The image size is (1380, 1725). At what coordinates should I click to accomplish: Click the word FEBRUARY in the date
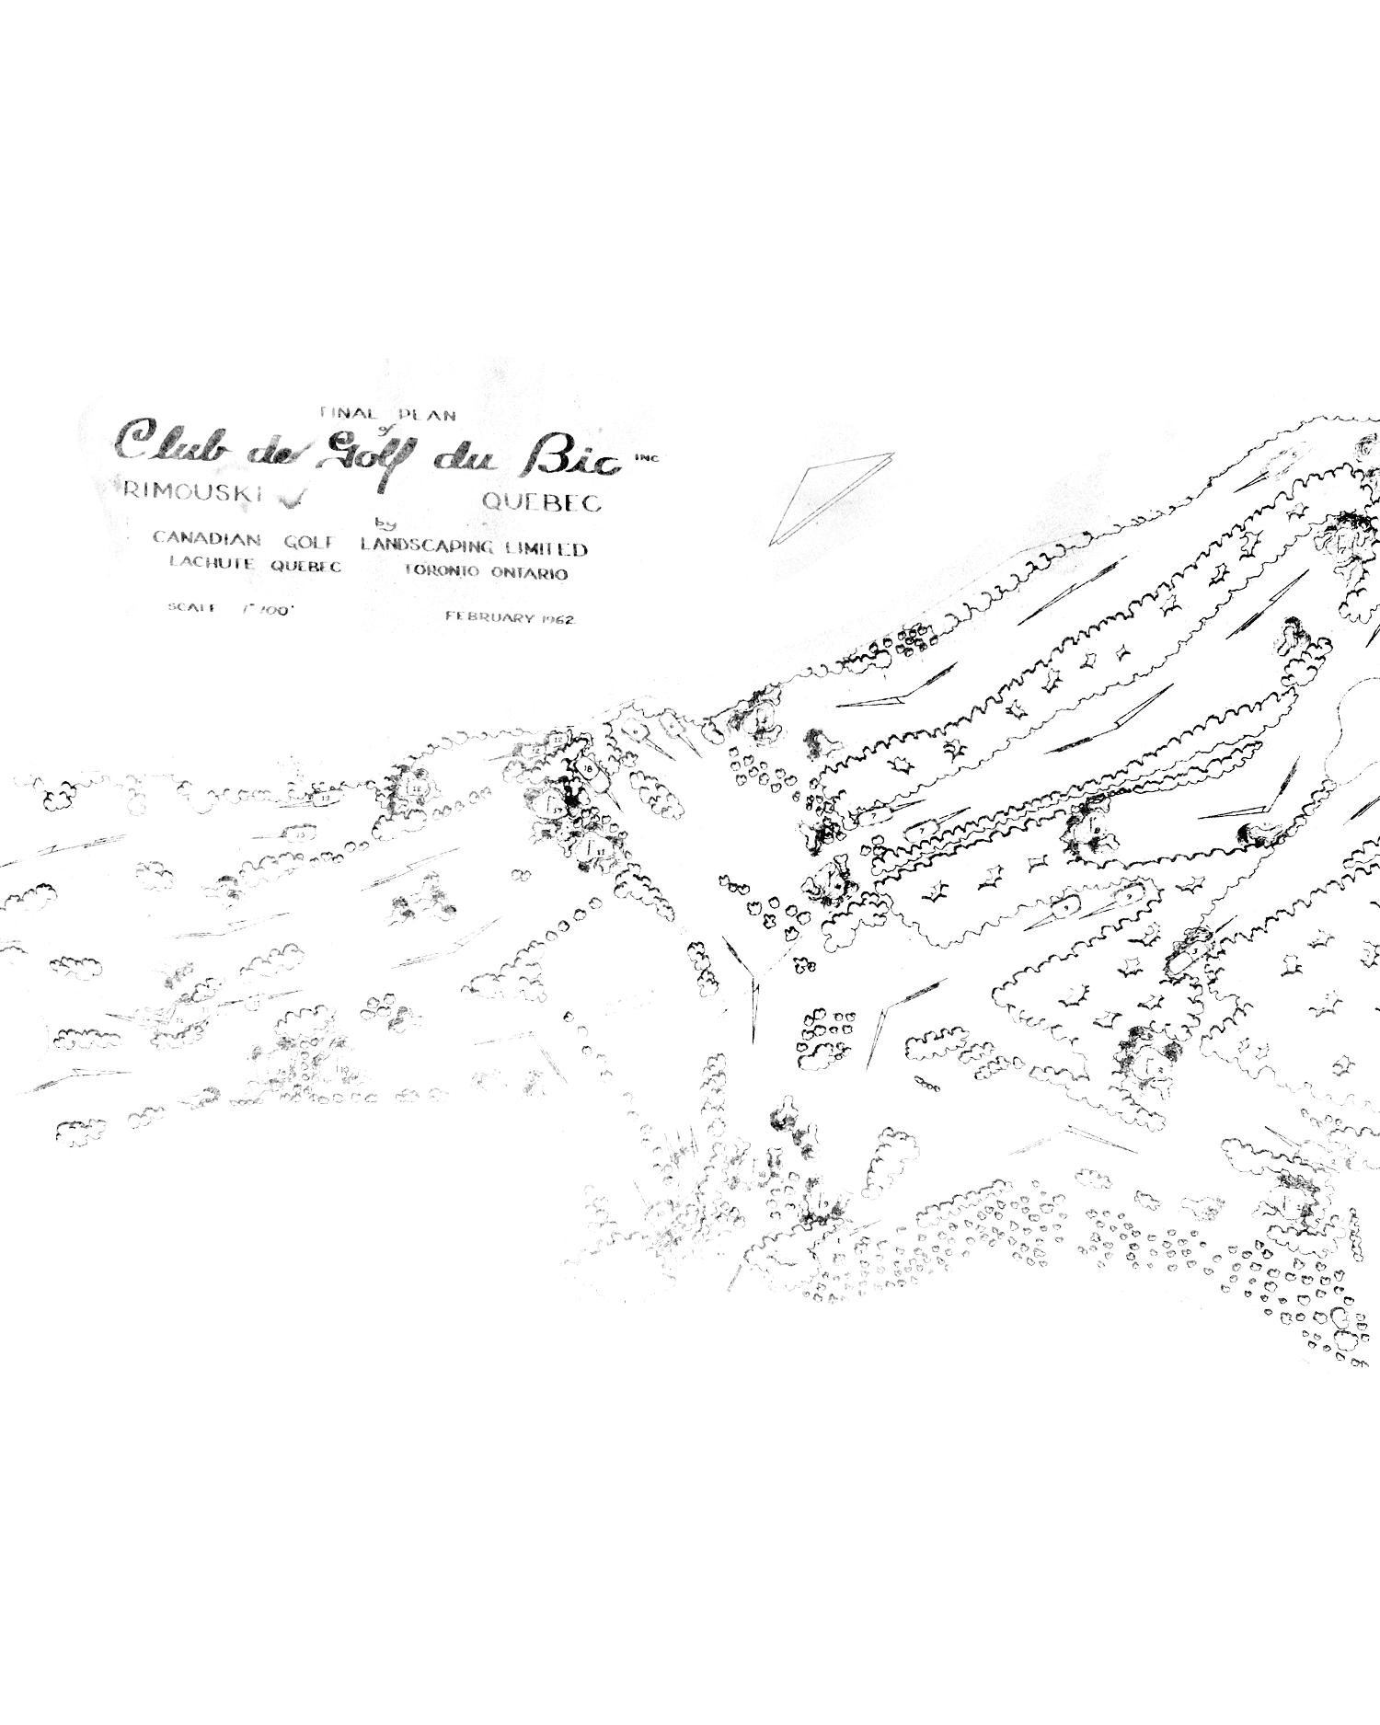coord(489,616)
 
